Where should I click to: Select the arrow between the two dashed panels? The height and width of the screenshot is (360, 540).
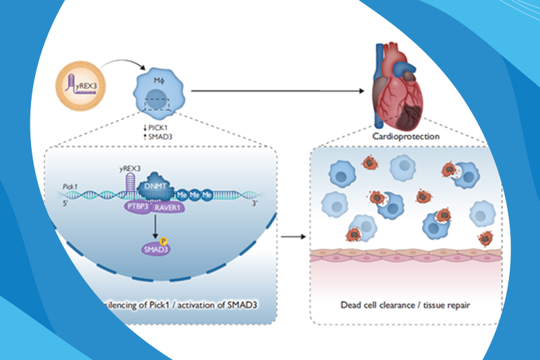(290, 237)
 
